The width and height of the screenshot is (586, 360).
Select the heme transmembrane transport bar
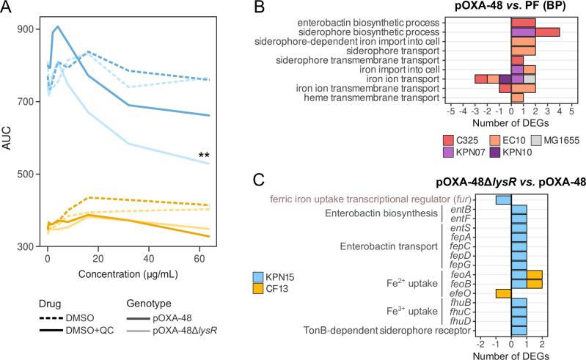pyautogui.click(x=517, y=98)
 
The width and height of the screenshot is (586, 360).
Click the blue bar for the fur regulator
pyautogui.click(x=503, y=199)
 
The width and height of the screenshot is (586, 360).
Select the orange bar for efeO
pyautogui.click(x=503, y=293)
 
